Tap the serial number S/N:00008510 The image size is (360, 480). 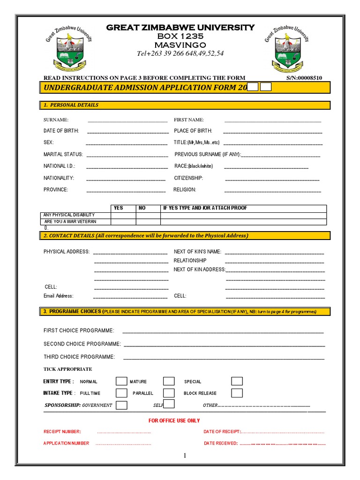click(x=304, y=78)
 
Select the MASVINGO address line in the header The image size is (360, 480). click(x=180, y=45)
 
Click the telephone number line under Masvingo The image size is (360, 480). click(x=180, y=53)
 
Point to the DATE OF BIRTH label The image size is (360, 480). click(x=61, y=131)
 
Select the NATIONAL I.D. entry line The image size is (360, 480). click(x=127, y=166)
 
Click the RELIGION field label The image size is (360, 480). click(x=185, y=190)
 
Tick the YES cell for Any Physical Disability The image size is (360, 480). click(x=123, y=215)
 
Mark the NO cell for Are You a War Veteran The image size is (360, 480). click(x=148, y=221)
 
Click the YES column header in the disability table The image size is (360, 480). click(x=119, y=208)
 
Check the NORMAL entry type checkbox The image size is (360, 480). click(x=121, y=381)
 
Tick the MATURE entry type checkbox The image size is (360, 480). click(x=169, y=381)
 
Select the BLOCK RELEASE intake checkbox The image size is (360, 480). click(x=237, y=393)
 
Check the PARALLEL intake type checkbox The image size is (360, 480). click(x=169, y=393)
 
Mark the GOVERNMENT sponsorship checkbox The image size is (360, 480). click(x=121, y=405)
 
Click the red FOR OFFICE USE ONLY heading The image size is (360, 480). click(x=174, y=420)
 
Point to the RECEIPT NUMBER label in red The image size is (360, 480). click(x=62, y=431)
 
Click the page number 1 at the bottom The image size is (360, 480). click(x=185, y=456)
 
